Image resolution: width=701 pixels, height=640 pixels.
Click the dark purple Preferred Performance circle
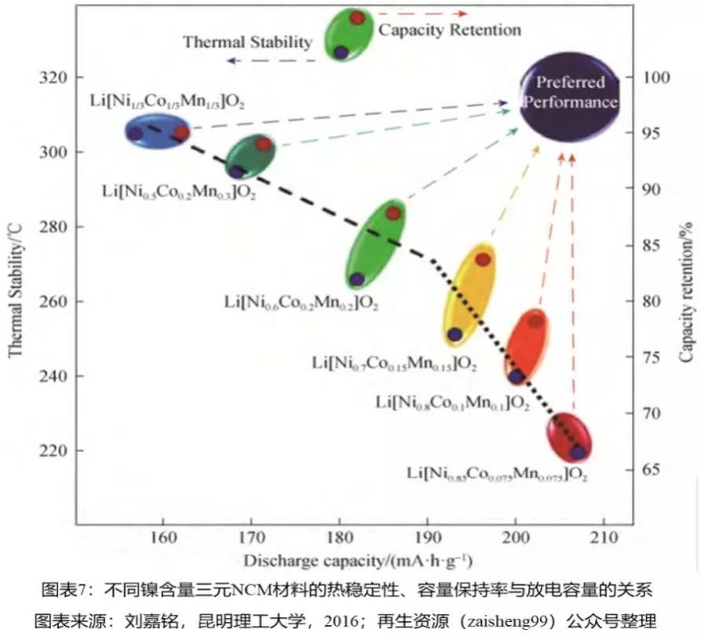pyautogui.click(x=570, y=93)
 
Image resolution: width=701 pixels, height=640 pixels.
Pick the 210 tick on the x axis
pyautogui.click(x=603, y=539)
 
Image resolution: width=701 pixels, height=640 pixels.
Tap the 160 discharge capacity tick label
pyautogui.click(x=163, y=539)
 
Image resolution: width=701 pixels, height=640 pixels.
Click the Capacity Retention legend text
pyautogui.click(x=450, y=31)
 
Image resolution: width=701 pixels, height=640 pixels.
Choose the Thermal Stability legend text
pyautogui.click(x=248, y=42)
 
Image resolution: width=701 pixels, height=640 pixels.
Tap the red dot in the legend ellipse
pyautogui.click(x=357, y=17)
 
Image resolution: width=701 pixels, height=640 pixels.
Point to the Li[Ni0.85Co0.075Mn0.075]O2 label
pyautogui.click(x=497, y=474)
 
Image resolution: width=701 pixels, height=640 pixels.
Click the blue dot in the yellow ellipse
pyautogui.click(x=455, y=334)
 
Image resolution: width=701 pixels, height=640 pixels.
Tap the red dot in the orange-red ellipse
pyautogui.click(x=535, y=321)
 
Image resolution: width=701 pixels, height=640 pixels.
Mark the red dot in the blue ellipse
pyautogui.click(x=181, y=133)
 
